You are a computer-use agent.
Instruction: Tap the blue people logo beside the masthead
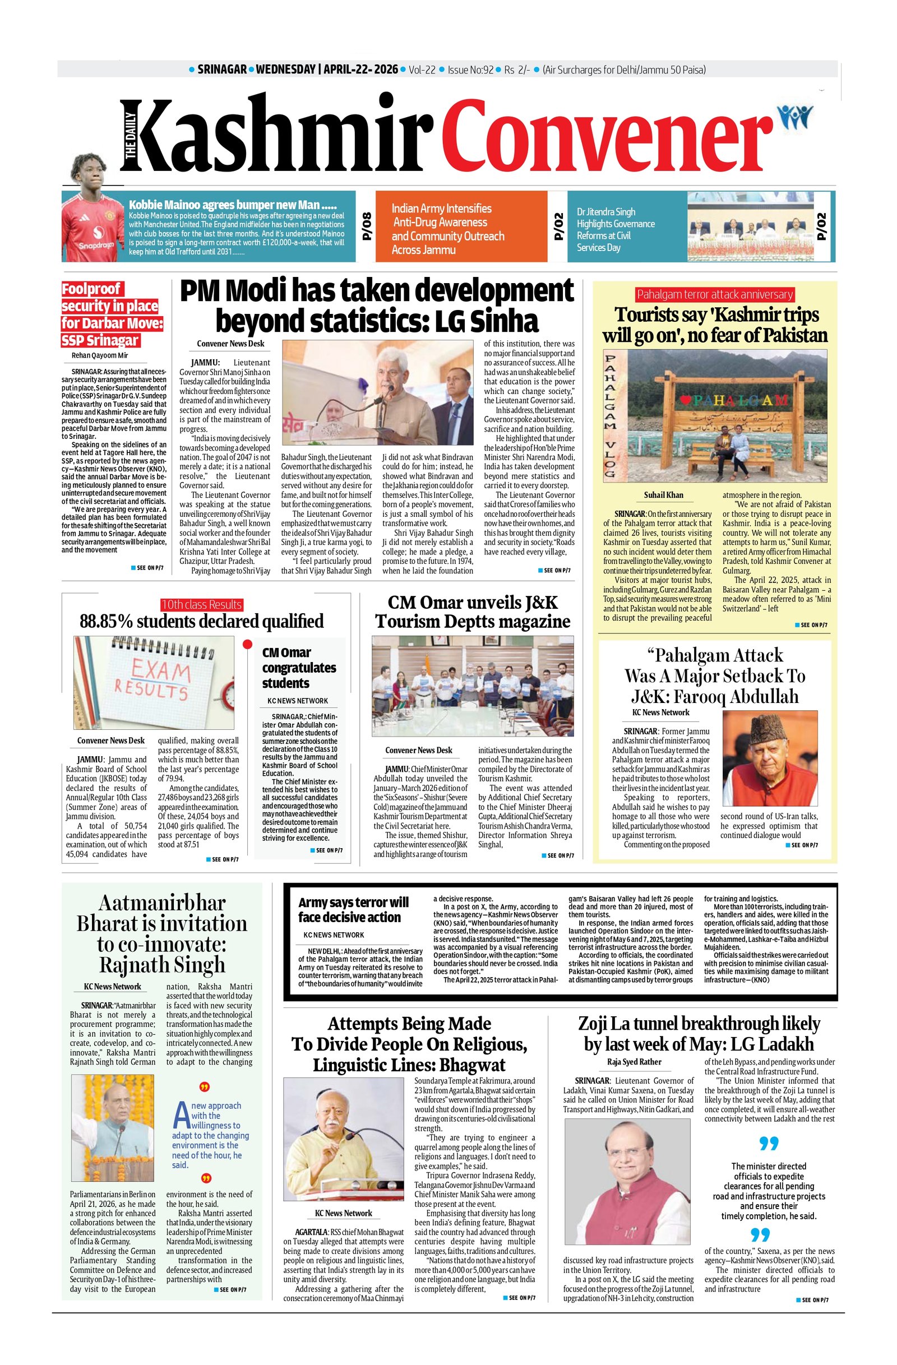[x=794, y=118]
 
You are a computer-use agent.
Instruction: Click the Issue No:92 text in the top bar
[x=470, y=70]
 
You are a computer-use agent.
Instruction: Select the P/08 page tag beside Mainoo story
[x=367, y=226]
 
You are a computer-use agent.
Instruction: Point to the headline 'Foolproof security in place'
[x=112, y=314]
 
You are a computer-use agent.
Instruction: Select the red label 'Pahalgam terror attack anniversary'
[x=715, y=295]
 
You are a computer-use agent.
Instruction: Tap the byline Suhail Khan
[x=664, y=495]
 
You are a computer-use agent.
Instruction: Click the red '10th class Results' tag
[x=201, y=604]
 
